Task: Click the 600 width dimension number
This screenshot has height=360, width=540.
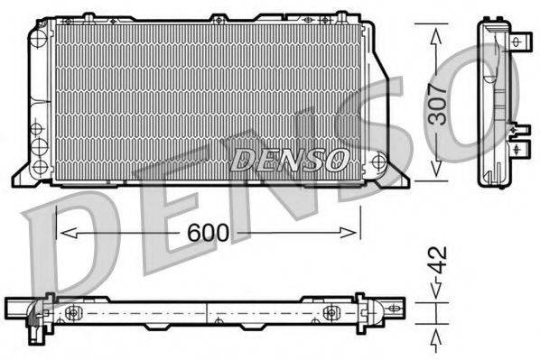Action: (x=208, y=232)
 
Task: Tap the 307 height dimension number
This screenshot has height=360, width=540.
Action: (x=437, y=103)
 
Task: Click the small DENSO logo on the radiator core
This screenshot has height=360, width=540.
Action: (x=289, y=160)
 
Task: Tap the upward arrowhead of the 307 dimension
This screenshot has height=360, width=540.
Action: (x=436, y=36)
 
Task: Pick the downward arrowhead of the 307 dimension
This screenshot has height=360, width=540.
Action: (x=436, y=169)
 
